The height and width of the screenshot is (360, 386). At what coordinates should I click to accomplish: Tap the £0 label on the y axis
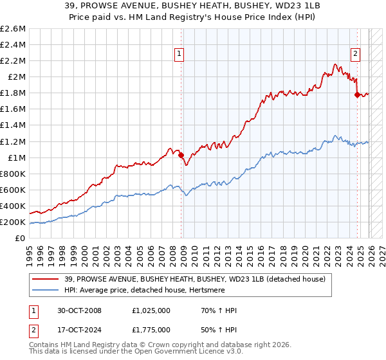point(21,238)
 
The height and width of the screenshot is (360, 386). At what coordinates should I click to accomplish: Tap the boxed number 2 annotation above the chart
point(355,55)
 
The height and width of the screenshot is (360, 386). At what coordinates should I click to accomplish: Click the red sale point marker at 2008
point(181,155)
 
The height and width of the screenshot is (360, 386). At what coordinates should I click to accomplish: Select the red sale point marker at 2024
point(357,94)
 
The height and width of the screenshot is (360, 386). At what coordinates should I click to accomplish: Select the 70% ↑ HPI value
point(219,310)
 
